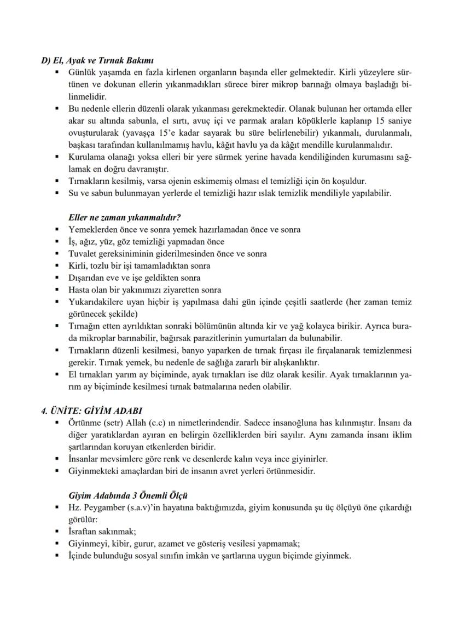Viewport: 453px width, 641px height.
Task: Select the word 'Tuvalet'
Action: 82,253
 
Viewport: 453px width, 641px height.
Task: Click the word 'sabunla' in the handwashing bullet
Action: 144,120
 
